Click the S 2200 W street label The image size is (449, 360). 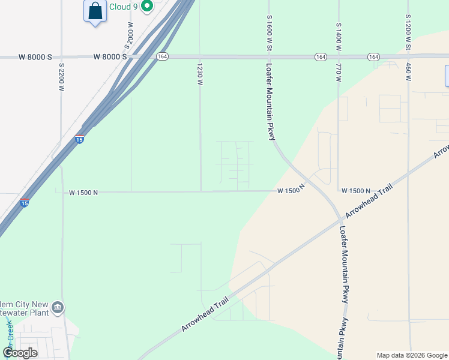click(x=61, y=76)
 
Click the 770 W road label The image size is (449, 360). click(x=339, y=74)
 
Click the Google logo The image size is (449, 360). click(x=20, y=353)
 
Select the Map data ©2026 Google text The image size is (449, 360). click(x=412, y=355)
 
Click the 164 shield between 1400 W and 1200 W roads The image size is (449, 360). click(x=373, y=56)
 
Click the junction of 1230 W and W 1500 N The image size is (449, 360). click(x=200, y=191)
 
